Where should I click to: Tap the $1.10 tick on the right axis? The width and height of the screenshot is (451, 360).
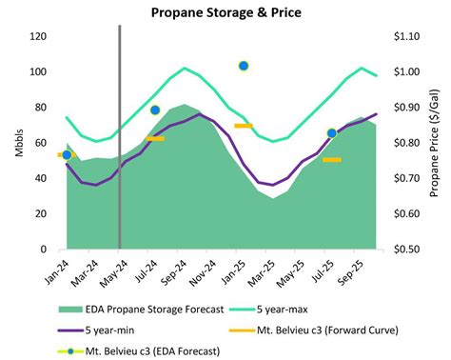[x=408, y=37]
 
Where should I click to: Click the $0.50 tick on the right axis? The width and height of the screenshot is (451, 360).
[x=408, y=250]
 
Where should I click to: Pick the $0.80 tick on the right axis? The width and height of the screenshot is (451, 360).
[x=408, y=143]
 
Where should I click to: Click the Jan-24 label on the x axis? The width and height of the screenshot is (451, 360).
[x=60, y=269]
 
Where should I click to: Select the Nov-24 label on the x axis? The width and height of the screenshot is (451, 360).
[x=202, y=269]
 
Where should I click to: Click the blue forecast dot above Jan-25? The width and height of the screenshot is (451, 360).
[x=244, y=66]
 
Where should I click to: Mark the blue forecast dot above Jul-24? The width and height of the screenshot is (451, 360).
[x=155, y=110]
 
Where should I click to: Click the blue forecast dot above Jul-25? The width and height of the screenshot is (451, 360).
[x=331, y=133]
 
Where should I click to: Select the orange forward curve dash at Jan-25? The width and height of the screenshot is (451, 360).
[x=243, y=126]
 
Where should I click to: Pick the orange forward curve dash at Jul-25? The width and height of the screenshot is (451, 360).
[x=331, y=159]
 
